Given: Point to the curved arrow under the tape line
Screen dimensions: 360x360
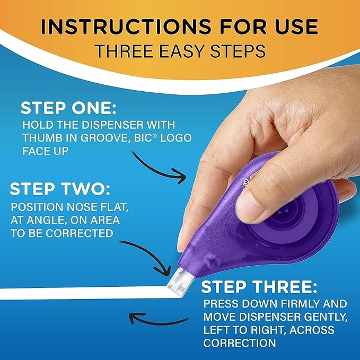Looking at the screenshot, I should click(159, 319).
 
